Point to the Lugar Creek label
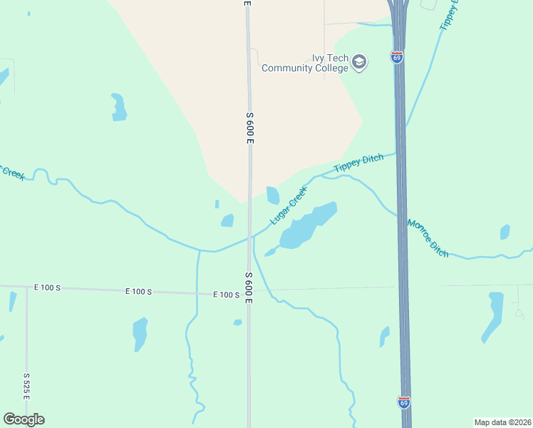pyautogui.click(x=289, y=205)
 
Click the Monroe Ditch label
pyautogui.click(x=428, y=238)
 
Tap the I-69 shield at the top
pyautogui.click(x=397, y=57)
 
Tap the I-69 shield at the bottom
pyautogui.click(x=404, y=402)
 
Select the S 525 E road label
pyautogui.click(x=26, y=385)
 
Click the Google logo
pyautogui.click(x=24, y=419)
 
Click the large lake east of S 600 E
pyautogui.click(x=306, y=226)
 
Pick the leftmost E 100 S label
pyautogui.click(x=48, y=287)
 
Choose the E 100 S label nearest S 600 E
pyautogui.click(x=227, y=295)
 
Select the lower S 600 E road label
pyautogui.click(x=249, y=287)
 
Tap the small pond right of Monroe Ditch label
pyautogui.click(x=505, y=232)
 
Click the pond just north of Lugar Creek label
pyautogui.click(x=273, y=195)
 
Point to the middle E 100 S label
pyautogui.click(x=139, y=291)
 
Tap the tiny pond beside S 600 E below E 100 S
pyautogui.click(x=237, y=322)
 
